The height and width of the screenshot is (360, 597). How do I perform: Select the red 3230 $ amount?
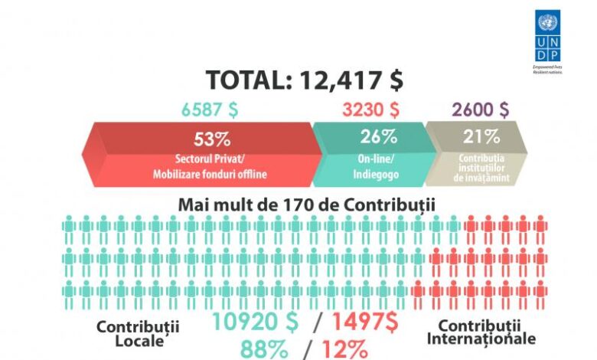click(370, 109)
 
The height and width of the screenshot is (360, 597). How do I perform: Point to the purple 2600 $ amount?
click(480, 109)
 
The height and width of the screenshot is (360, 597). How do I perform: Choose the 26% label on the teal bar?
click(378, 138)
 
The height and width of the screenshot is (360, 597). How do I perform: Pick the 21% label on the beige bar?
click(481, 138)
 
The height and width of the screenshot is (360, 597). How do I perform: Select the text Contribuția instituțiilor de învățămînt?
click(481, 167)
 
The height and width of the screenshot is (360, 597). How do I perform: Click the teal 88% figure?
click(265, 349)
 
